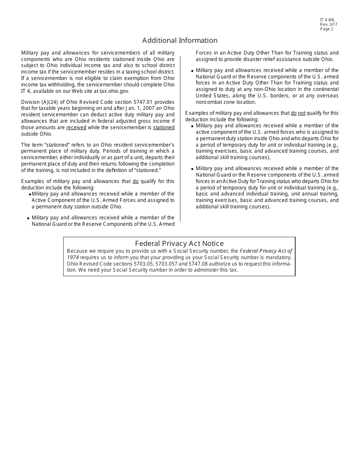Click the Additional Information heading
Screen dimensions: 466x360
click(x=180, y=41)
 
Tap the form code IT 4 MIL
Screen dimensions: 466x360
click(x=327, y=20)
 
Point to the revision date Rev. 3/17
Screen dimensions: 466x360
click(x=329, y=25)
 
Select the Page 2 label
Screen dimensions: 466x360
click(x=327, y=29)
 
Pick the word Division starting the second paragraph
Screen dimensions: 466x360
click(x=31, y=102)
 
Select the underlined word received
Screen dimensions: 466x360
click(x=76, y=128)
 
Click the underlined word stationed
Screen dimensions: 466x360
click(x=164, y=128)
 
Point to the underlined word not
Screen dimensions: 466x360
click(x=301, y=113)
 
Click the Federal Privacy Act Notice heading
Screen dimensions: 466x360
click(x=179, y=244)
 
